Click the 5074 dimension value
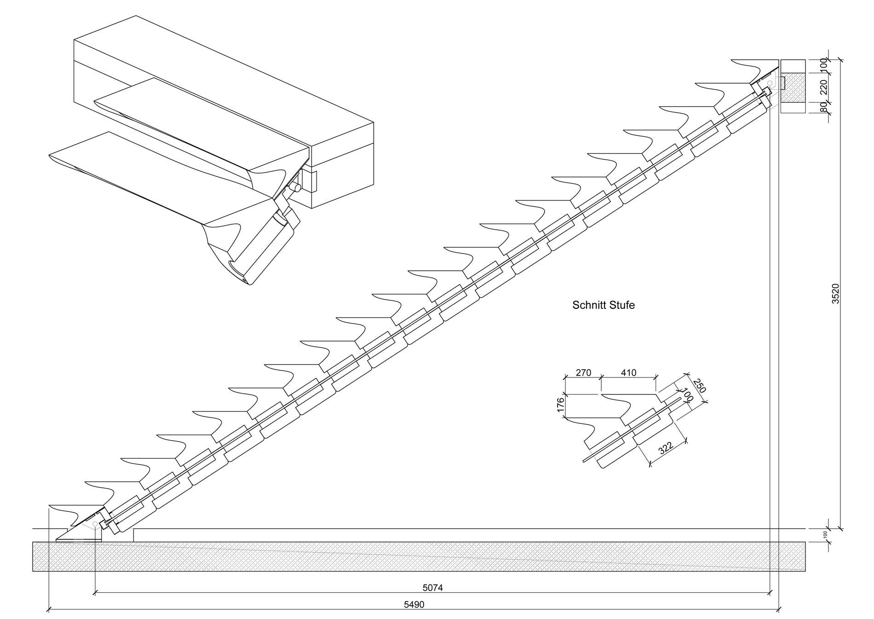(432, 588)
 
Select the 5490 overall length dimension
(414, 605)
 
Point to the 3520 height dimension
(836, 294)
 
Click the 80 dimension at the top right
(823, 107)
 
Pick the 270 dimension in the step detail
(583, 373)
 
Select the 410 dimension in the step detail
(628, 373)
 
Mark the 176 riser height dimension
(560, 405)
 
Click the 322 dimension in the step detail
(666, 448)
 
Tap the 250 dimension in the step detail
(699, 386)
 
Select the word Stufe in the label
(622, 305)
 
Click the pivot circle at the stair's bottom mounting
(95, 524)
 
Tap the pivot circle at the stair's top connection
(769, 83)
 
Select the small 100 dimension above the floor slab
(825, 535)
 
